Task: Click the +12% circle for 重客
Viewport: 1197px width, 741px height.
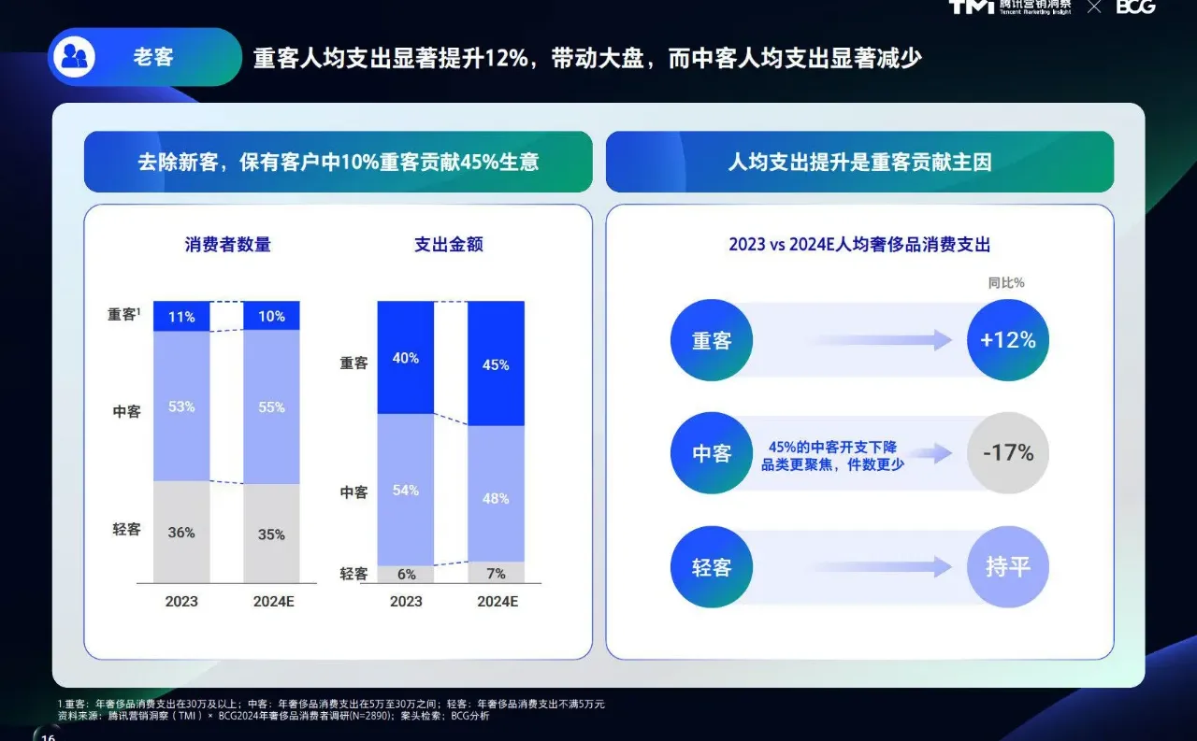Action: point(1007,340)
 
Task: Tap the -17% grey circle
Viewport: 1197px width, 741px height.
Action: point(1007,453)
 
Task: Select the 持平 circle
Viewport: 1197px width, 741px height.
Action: point(1007,567)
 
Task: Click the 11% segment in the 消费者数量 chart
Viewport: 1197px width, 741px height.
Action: point(181,316)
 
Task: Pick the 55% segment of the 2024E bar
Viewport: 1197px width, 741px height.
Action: point(271,407)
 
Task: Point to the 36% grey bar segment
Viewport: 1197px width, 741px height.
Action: point(181,532)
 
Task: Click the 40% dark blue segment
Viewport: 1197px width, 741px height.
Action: point(406,358)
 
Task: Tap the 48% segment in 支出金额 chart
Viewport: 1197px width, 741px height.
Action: point(496,498)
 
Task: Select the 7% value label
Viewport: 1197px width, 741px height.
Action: point(496,574)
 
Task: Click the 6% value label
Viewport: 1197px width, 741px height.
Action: point(406,574)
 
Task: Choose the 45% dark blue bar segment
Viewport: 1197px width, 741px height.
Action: point(496,364)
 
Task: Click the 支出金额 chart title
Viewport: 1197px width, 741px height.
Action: point(449,245)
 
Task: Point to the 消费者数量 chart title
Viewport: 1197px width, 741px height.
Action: point(228,245)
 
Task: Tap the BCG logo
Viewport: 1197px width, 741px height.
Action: point(1135,7)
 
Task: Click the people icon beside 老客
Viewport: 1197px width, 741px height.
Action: point(74,58)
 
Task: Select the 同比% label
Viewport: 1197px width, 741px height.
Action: point(1006,282)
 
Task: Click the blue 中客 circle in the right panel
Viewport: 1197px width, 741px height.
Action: point(712,453)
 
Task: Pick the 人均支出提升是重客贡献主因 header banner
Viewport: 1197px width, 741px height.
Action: point(859,162)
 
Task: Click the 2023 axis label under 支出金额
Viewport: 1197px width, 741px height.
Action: point(406,602)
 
